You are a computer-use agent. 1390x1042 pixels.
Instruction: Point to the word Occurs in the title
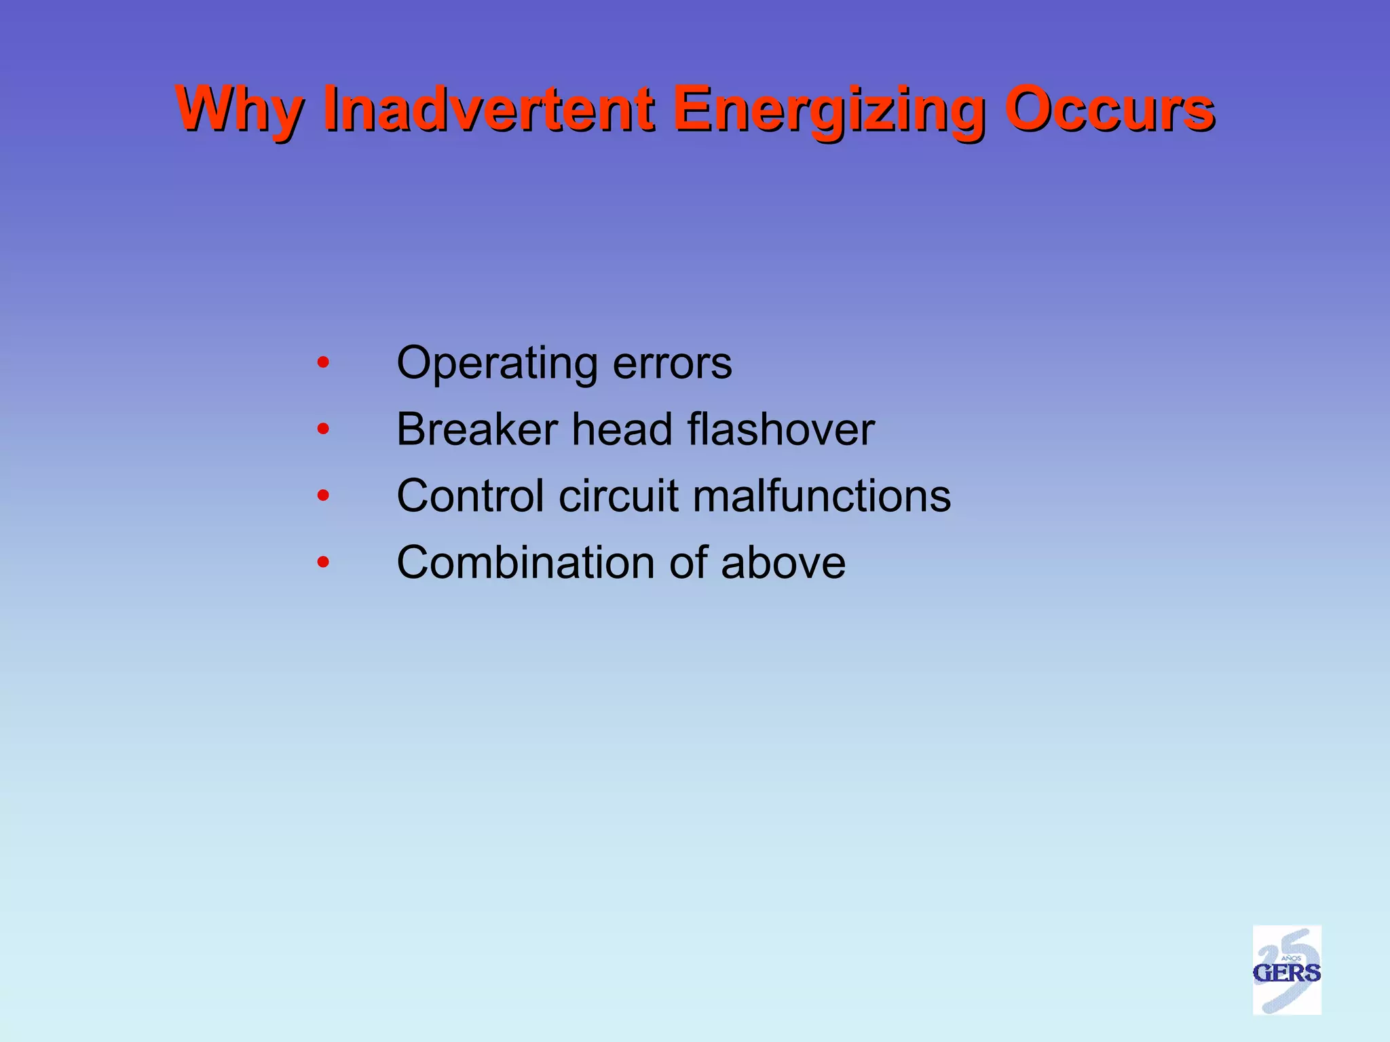click(1109, 109)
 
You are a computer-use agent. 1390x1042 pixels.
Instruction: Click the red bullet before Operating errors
click(323, 363)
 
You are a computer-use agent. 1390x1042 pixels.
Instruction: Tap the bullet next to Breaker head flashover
click(323, 429)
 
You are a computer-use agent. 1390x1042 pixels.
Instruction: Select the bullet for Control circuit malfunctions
click(323, 496)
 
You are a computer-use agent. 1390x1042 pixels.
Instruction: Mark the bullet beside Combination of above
click(323, 562)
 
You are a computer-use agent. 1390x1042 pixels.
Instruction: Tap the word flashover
click(781, 429)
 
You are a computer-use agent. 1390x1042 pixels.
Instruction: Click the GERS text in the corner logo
click(1286, 973)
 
